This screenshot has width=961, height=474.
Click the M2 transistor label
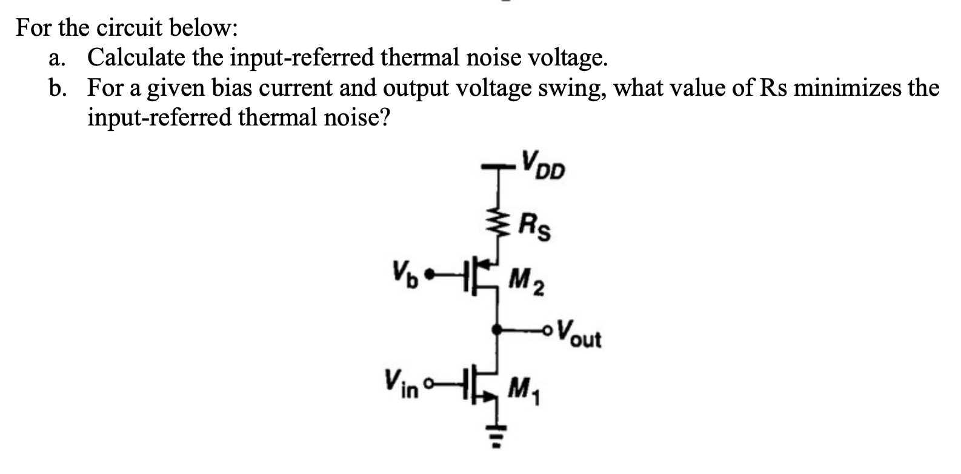(525, 280)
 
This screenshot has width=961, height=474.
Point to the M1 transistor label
(522, 386)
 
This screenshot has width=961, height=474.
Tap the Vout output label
(580, 333)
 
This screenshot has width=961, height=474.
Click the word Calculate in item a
(137, 58)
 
